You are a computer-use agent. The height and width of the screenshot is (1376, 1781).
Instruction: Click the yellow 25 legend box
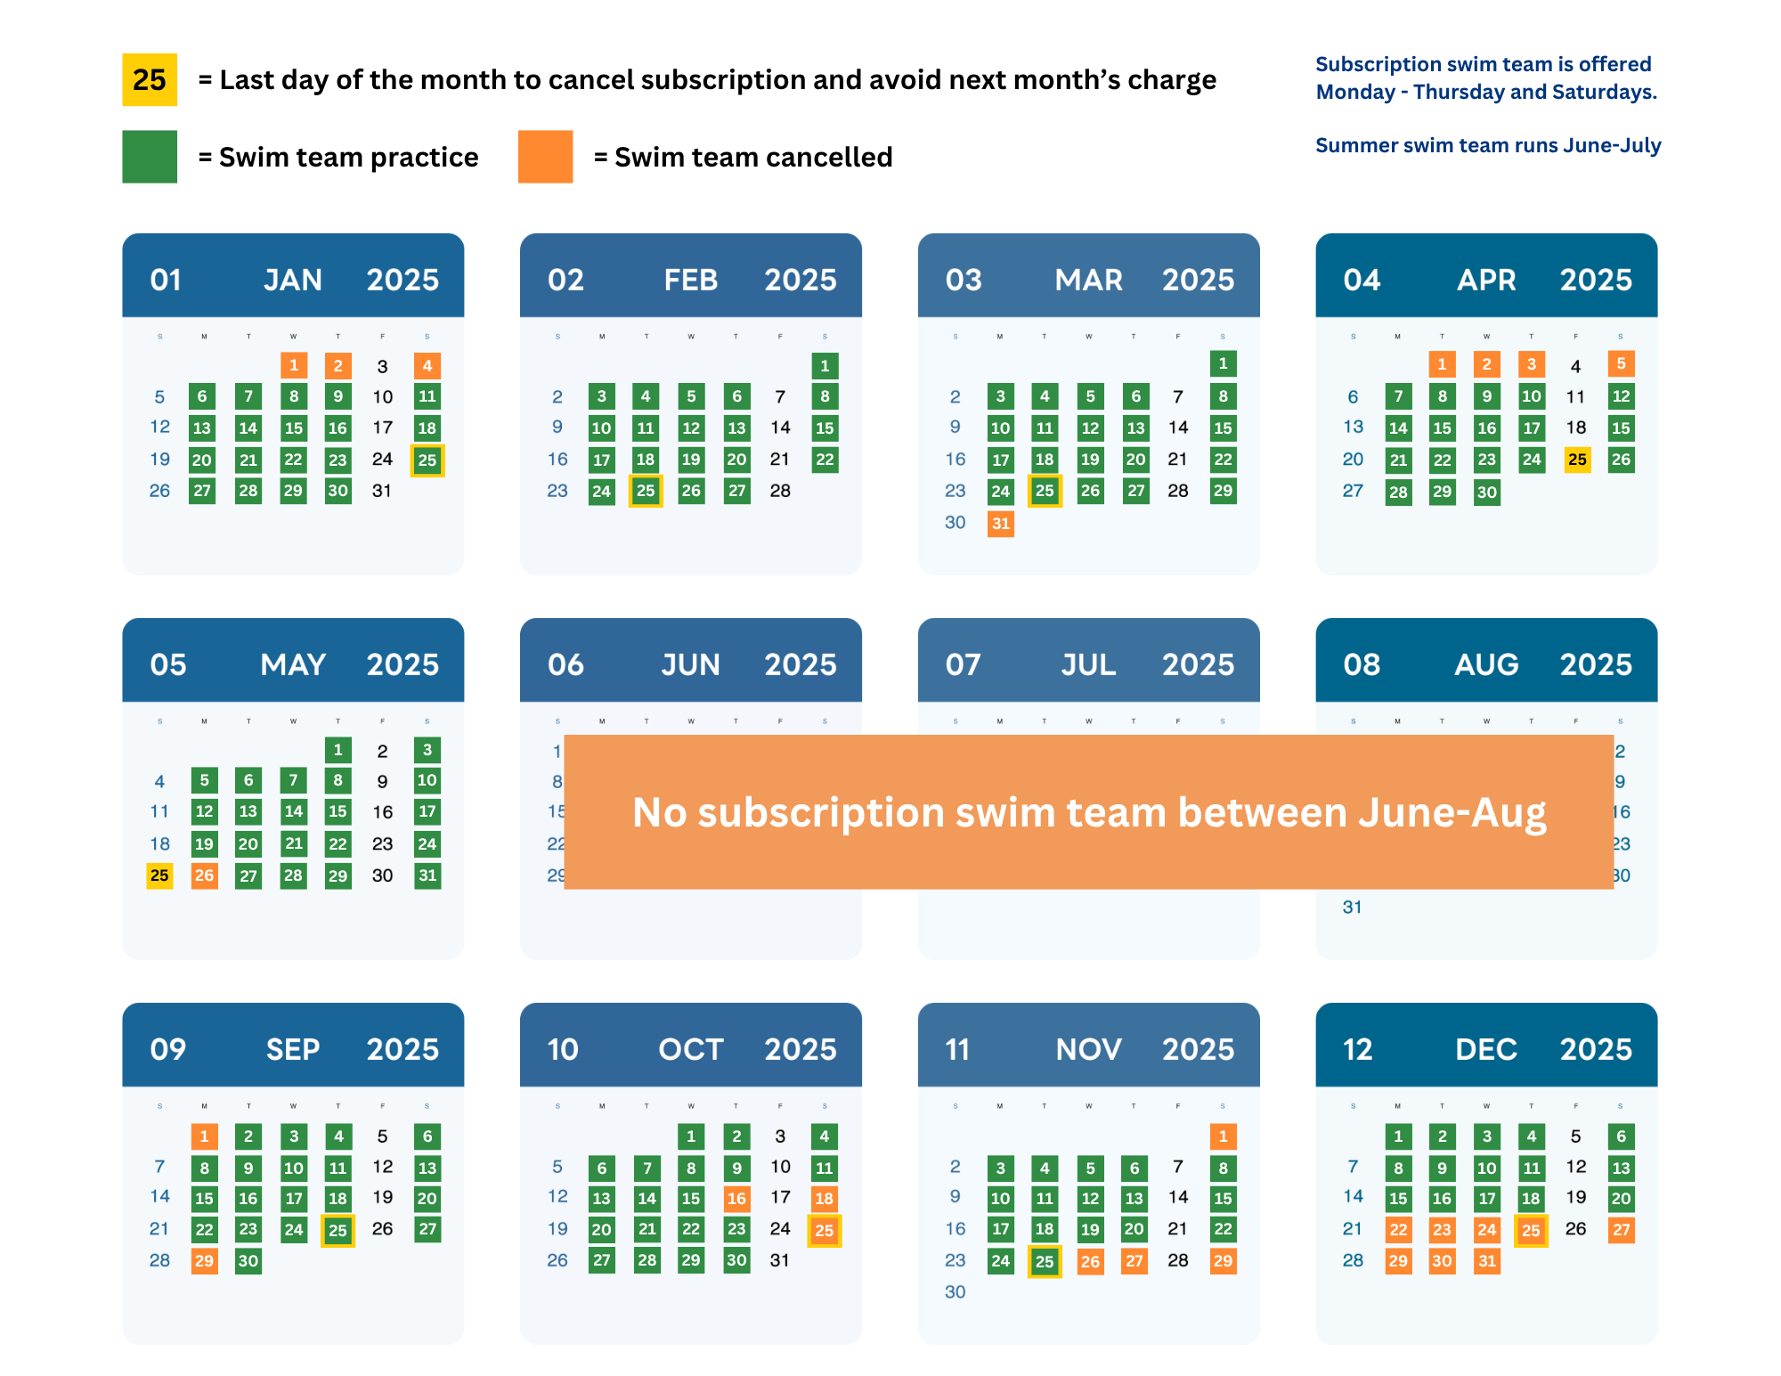(150, 80)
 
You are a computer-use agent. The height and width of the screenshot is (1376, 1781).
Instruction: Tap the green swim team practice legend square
(150, 157)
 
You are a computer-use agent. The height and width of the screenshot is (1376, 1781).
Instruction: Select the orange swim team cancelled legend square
(545, 157)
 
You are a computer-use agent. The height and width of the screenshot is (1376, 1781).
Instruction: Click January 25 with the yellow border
(427, 460)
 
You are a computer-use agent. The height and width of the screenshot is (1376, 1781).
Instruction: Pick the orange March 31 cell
(1000, 524)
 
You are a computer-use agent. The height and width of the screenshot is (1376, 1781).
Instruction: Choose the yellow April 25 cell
(1577, 460)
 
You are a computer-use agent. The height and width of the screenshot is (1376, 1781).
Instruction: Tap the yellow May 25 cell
(159, 875)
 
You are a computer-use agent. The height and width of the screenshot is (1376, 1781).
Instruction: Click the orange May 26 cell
(204, 875)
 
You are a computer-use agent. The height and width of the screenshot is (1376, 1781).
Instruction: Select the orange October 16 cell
(736, 1199)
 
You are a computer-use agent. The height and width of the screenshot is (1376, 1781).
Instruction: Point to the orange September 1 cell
(204, 1136)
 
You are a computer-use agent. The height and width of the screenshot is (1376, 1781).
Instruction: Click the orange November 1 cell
(1223, 1136)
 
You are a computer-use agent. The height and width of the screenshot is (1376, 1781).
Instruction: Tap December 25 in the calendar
(1531, 1231)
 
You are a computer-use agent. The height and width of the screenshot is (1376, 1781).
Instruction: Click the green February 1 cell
(825, 365)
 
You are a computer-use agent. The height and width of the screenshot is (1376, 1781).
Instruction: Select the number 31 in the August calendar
(1352, 908)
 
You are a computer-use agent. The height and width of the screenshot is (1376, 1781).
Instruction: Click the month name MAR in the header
(1088, 281)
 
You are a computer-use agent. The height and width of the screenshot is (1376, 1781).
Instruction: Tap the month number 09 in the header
(167, 1050)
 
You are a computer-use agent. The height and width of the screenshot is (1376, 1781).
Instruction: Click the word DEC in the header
(1486, 1050)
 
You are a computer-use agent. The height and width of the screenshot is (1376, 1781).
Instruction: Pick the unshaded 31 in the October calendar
(779, 1260)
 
